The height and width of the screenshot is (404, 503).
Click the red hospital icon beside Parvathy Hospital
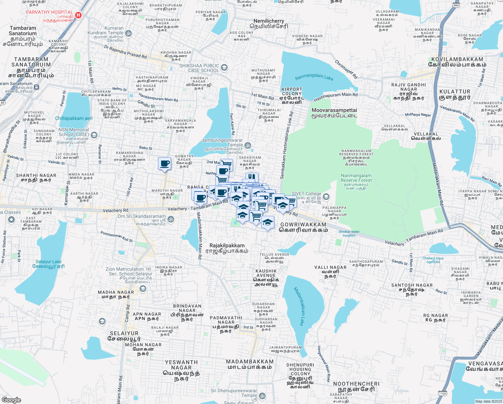78,15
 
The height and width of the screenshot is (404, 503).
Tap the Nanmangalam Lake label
314,77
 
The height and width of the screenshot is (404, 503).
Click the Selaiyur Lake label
48,264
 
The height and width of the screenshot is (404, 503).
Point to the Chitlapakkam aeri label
74,118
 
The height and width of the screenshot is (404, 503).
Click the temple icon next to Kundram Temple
128,33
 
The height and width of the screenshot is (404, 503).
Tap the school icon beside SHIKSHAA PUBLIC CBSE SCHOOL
224,68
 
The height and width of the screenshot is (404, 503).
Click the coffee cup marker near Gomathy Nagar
164,164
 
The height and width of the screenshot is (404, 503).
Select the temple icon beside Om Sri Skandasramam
171,220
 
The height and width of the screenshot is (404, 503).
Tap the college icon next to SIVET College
326,197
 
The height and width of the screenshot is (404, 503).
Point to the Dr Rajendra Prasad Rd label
125,52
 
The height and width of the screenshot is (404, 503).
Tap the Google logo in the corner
11,400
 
